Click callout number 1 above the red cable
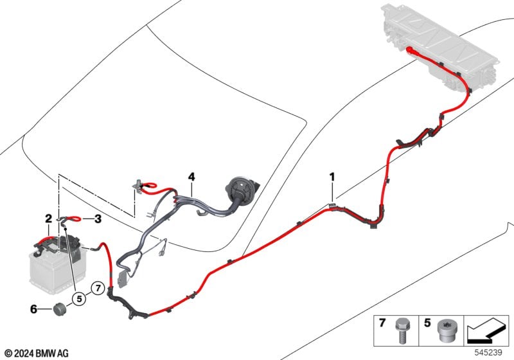(332, 177)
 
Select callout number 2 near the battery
(49, 219)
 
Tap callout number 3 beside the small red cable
(98, 219)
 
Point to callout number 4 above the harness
(191, 177)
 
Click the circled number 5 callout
(79, 299)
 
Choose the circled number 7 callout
(98, 288)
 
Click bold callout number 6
(34, 309)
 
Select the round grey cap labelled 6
(60, 309)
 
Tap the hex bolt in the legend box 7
(402, 330)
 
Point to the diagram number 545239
(488, 352)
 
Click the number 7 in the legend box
(382, 323)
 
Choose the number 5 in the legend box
(427, 323)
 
